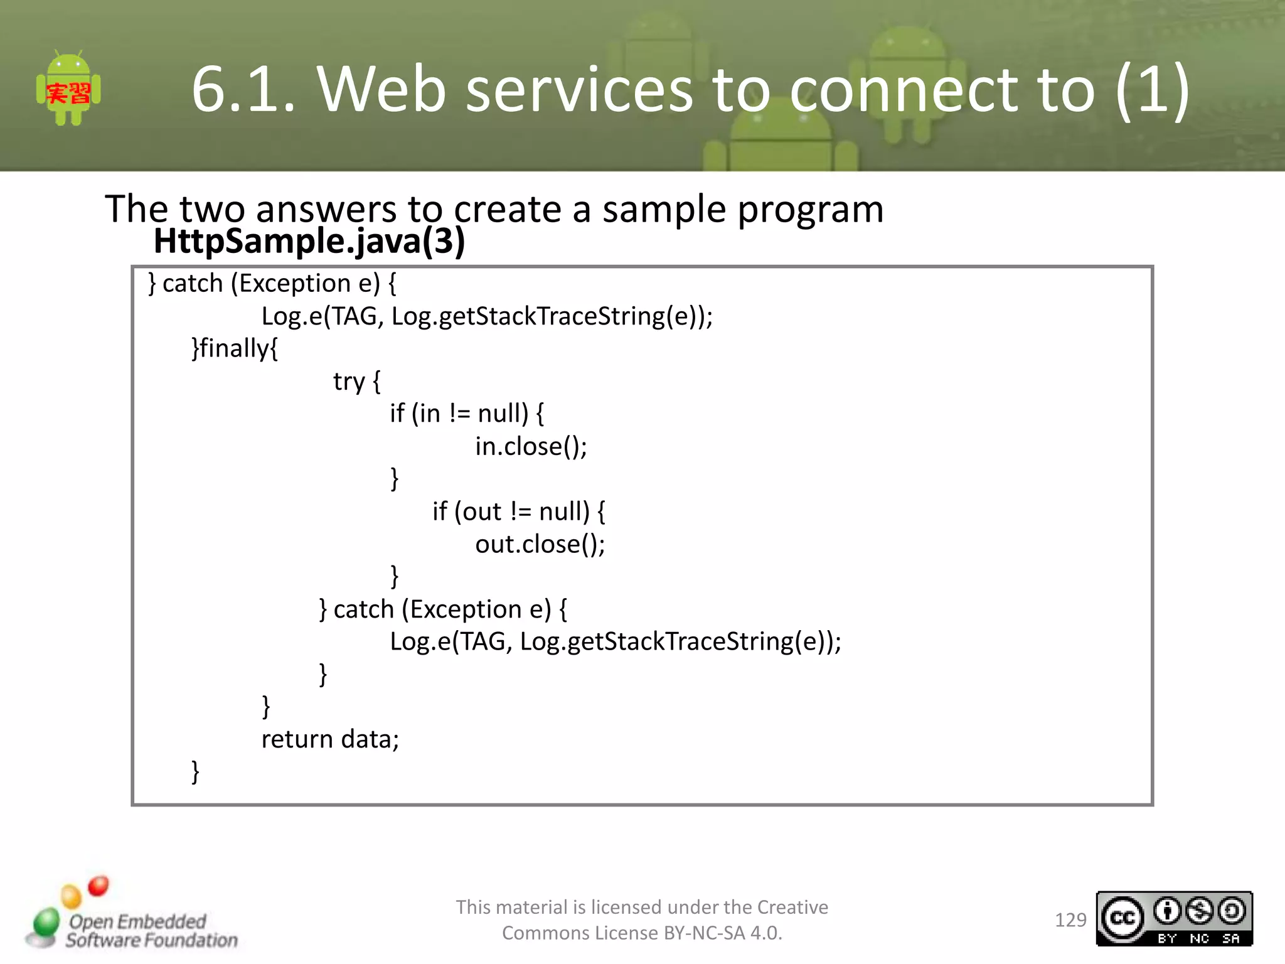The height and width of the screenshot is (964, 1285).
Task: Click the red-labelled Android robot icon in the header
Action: (x=68, y=90)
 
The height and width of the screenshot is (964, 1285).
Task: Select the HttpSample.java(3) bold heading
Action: (x=309, y=241)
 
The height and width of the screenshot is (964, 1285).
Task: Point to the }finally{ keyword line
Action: (x=235, y=348)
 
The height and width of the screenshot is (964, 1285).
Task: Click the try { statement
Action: (x=356, y=381)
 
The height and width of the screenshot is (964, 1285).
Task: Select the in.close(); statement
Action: (x=531, y=446)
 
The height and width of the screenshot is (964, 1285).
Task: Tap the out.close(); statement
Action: (x=540, y=544)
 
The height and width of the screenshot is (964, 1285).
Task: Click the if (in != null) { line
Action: (x=467, y=414)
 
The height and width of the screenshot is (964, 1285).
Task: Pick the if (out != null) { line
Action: (x=518, y=511)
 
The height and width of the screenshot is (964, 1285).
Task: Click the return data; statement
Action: (x=330, y=739)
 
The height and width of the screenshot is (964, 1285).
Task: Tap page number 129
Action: (x=1070, y=920)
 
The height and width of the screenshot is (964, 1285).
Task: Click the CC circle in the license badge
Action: (x=1122, y=919)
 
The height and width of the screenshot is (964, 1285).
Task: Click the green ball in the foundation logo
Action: (x=46, y=923)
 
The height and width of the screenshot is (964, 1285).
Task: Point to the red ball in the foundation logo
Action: (x=99, y=886)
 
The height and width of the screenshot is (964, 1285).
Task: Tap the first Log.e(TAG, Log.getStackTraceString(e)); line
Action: (x=487, y=316)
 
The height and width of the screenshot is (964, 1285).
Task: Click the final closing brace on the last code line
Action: (x=195, y=771)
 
